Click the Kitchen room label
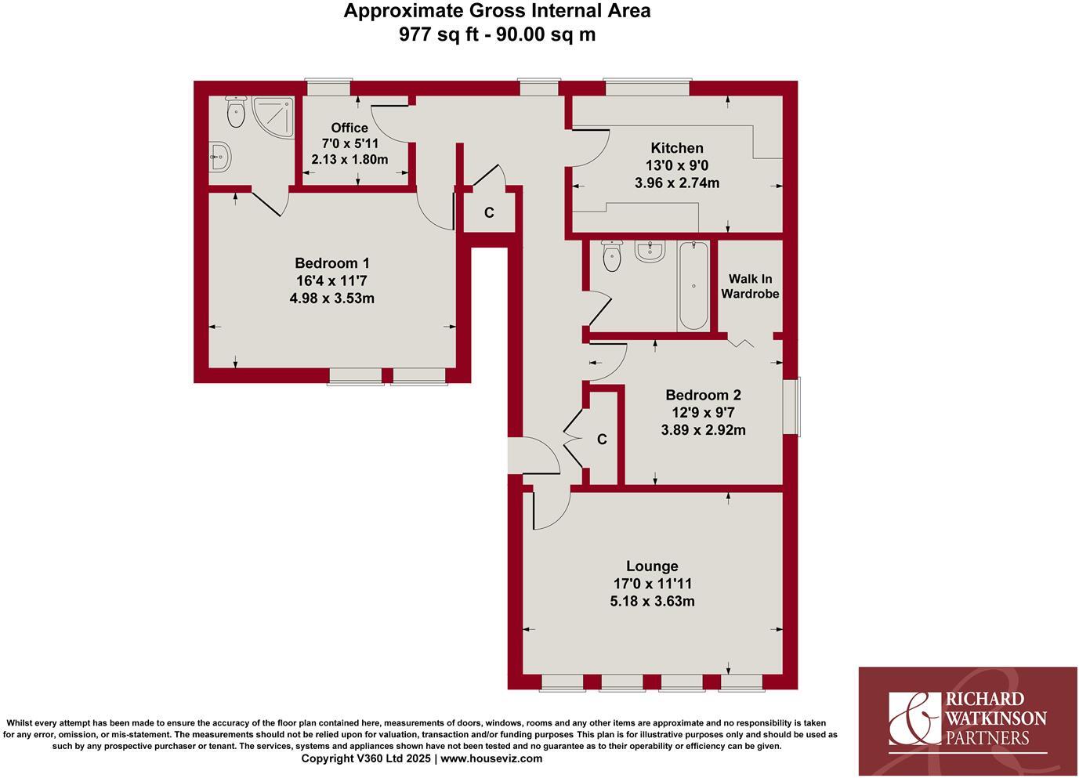tap(677, 148)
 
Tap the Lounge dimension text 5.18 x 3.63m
tap(653, 602)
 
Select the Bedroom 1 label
tap(331, 263)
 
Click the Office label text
tap(349, 128)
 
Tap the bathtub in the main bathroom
tap(693, 286)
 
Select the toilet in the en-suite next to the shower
tap(235, 113)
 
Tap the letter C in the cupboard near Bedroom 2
tap(602, 440)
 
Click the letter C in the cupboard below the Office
tap(489, 213)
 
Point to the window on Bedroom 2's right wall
tap(796, 407)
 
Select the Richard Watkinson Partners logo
tap(968, 721)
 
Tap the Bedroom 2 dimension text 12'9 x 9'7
tap(703, 413)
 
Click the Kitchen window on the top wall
tap(646, 88)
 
